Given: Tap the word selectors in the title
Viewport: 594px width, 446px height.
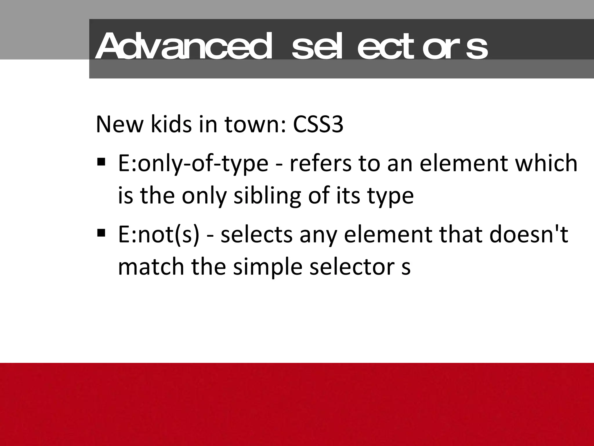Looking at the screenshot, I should (x=390, y=46).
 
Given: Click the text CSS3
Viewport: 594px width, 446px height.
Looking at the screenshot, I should (x=318, y=124).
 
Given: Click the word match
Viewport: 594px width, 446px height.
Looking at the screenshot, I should (x=151, y=267).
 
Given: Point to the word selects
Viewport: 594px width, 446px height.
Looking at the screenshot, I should (x=256, y=235).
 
